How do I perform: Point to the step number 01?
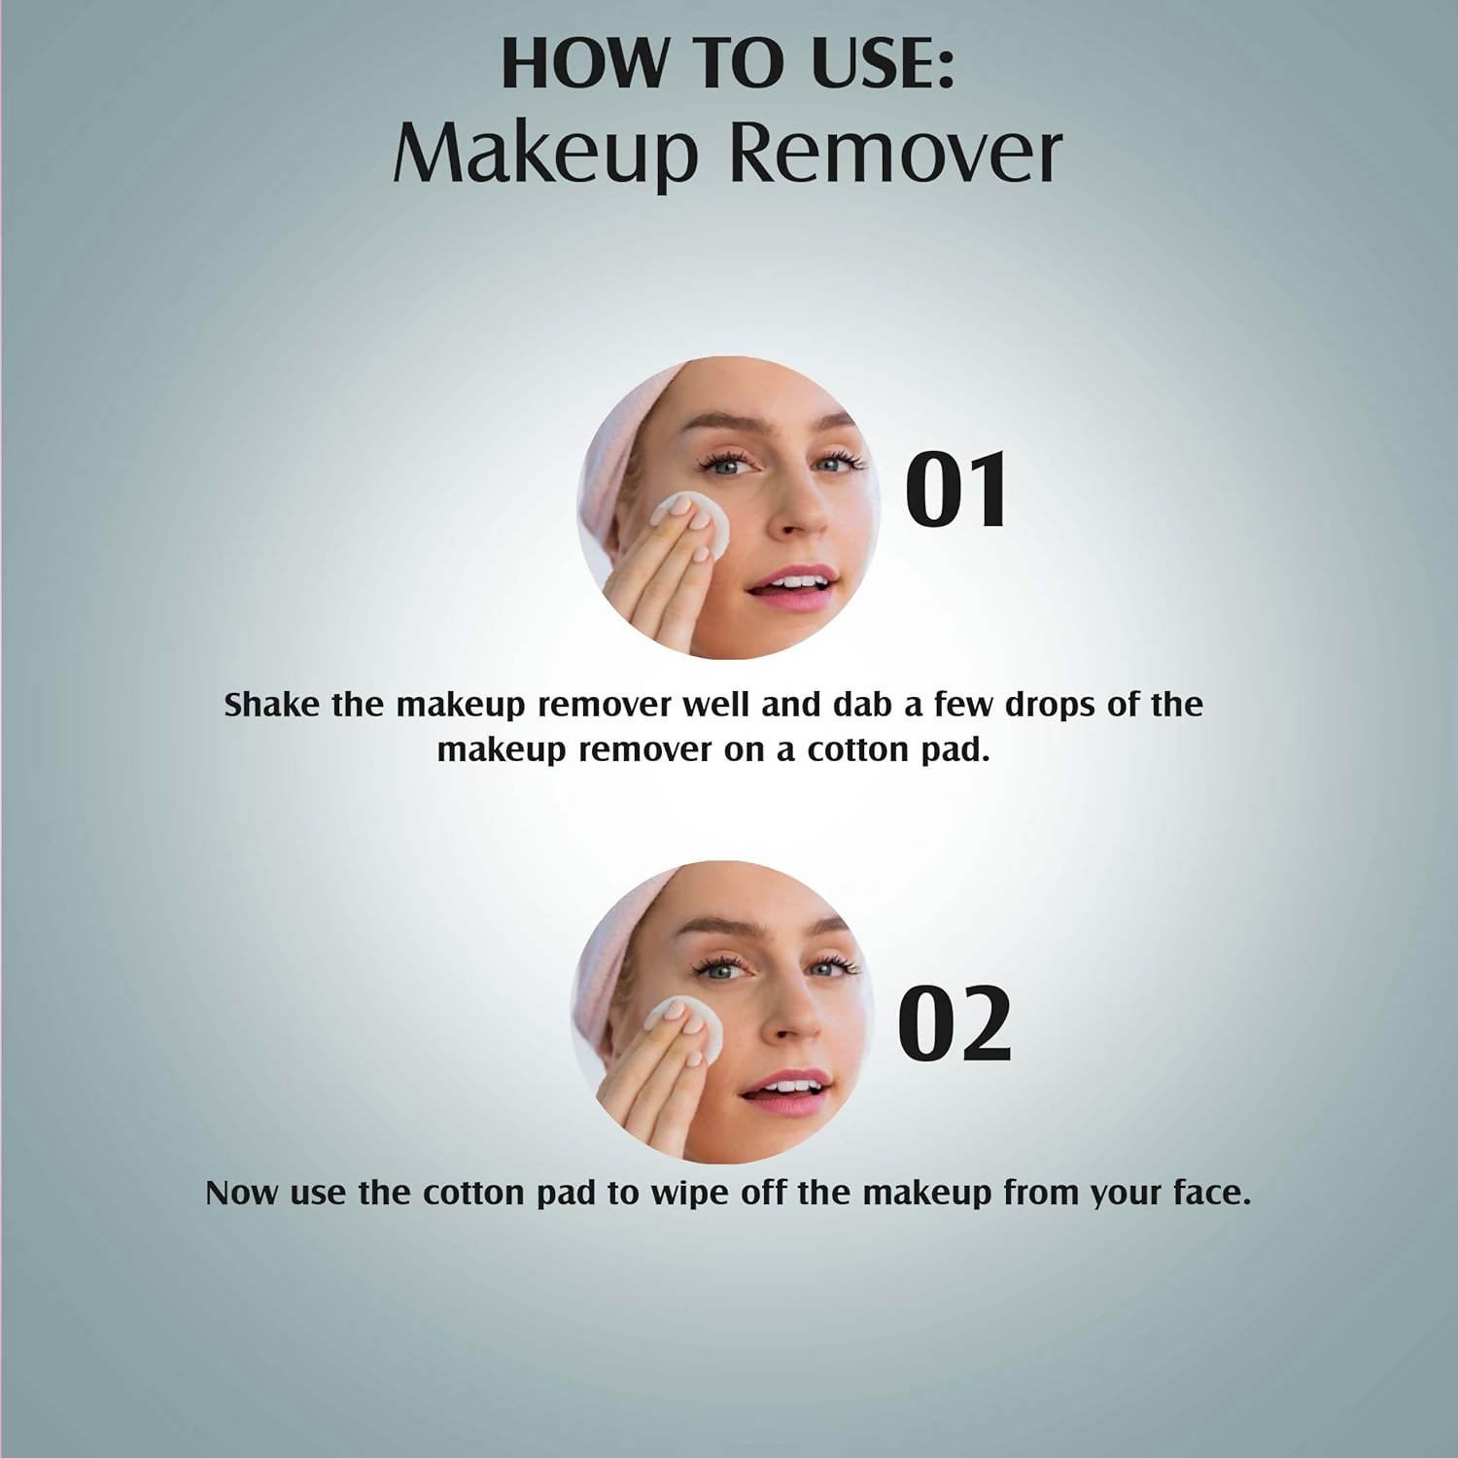pyautogui.click(x=956, y=490)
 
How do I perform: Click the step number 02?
pyautogui.click(x=955, y=1024)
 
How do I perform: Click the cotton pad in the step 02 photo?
pyautogui.click(x=686, y=1027)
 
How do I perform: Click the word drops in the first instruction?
pyautogui.click(x=1051, y=705)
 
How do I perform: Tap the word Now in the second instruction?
pyautogui.click(x=242, y=1193)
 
